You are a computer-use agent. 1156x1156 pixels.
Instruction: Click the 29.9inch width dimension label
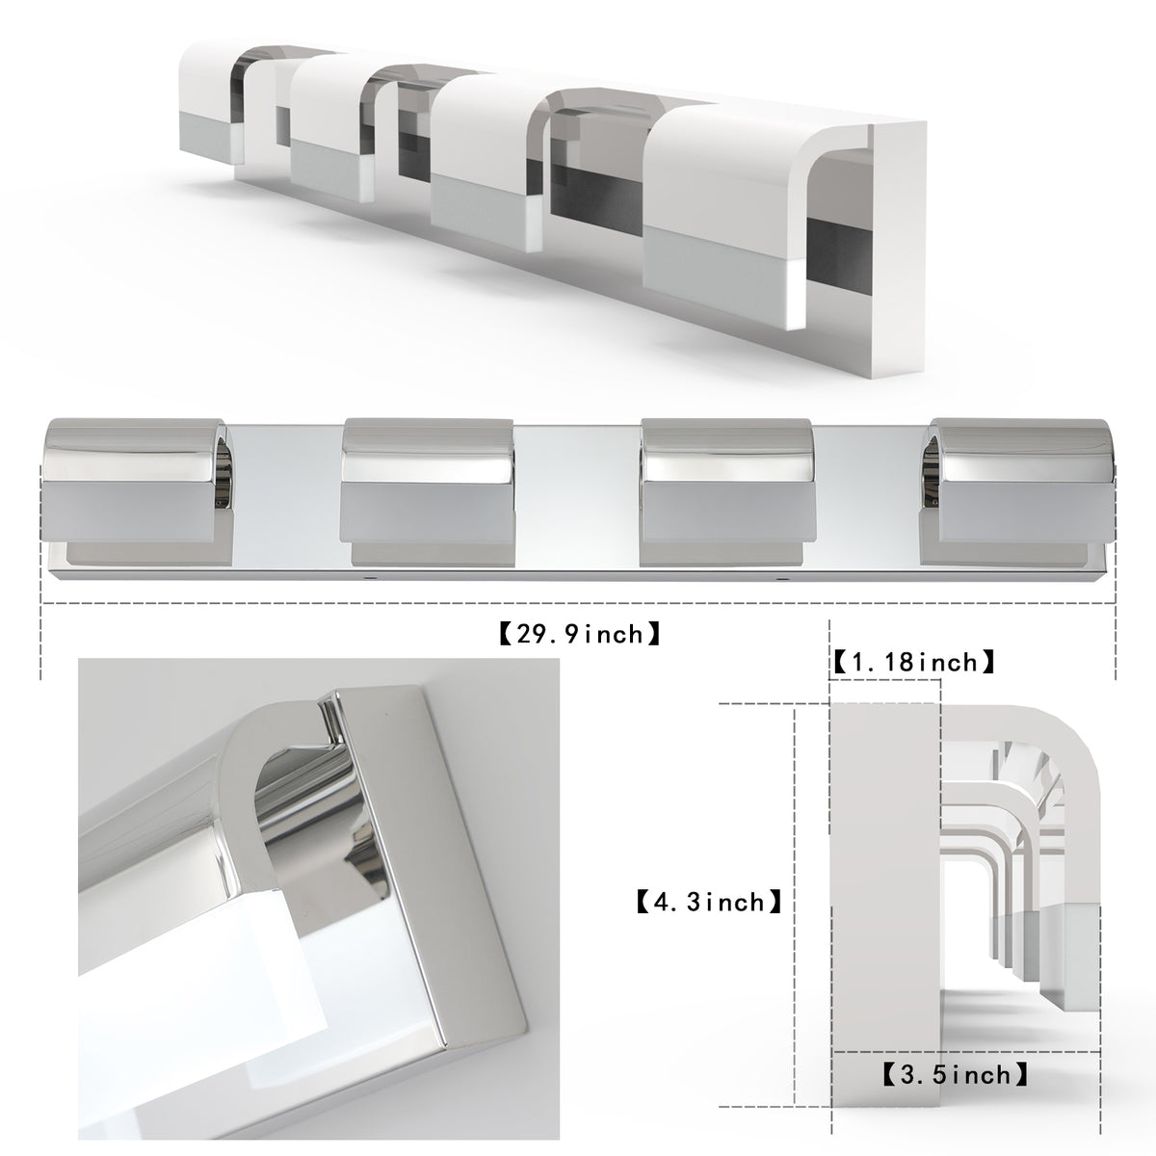click(x=579, y=634)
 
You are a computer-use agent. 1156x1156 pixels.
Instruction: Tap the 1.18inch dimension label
click(x=912, y=663)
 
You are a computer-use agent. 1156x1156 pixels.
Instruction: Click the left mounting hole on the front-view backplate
click(x=374, y=580)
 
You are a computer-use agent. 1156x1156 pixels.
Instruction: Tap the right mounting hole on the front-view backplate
click(x=781, y=580)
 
